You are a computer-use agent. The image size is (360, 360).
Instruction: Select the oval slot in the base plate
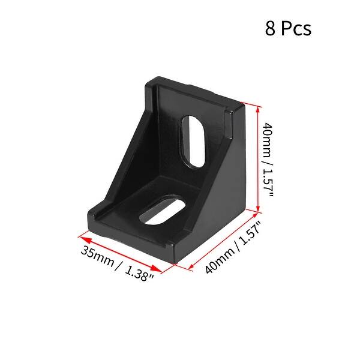pyautogui.click(x=163, y=211)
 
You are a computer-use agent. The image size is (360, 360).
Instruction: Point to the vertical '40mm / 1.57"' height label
pyautogui.click(x=269, y=160)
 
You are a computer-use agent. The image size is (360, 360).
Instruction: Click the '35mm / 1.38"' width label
pyautogui.click(x=117, y=262)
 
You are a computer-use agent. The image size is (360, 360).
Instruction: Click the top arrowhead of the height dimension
pyautogui.click(x=259, y=109)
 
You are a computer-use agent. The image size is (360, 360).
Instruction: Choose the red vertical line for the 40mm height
pyautogui.click(x=259, y=159)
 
